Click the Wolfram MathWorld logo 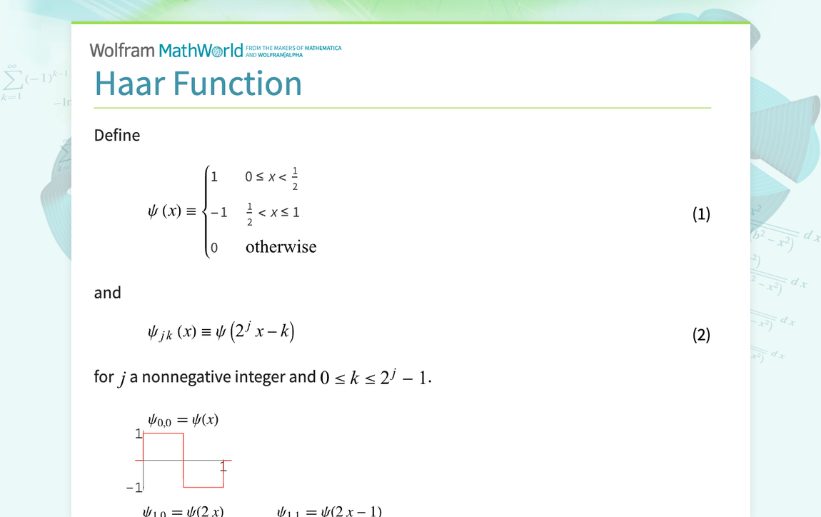(166, 50)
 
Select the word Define (117, 135)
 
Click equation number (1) (701, 214)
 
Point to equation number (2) (701, 334)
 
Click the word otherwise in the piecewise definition (281, 247)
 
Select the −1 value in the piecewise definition (218, 212)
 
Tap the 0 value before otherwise (214, 248)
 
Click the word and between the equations (108, 292)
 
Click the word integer (261, 376)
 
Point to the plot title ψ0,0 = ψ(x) (183, 420)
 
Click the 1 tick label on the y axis (138, 433)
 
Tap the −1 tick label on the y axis (134, 488)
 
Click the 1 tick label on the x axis (223, 467)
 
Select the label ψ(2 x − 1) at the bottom (351, 511)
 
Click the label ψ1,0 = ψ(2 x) (183, 511)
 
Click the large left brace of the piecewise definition (206, 211)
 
